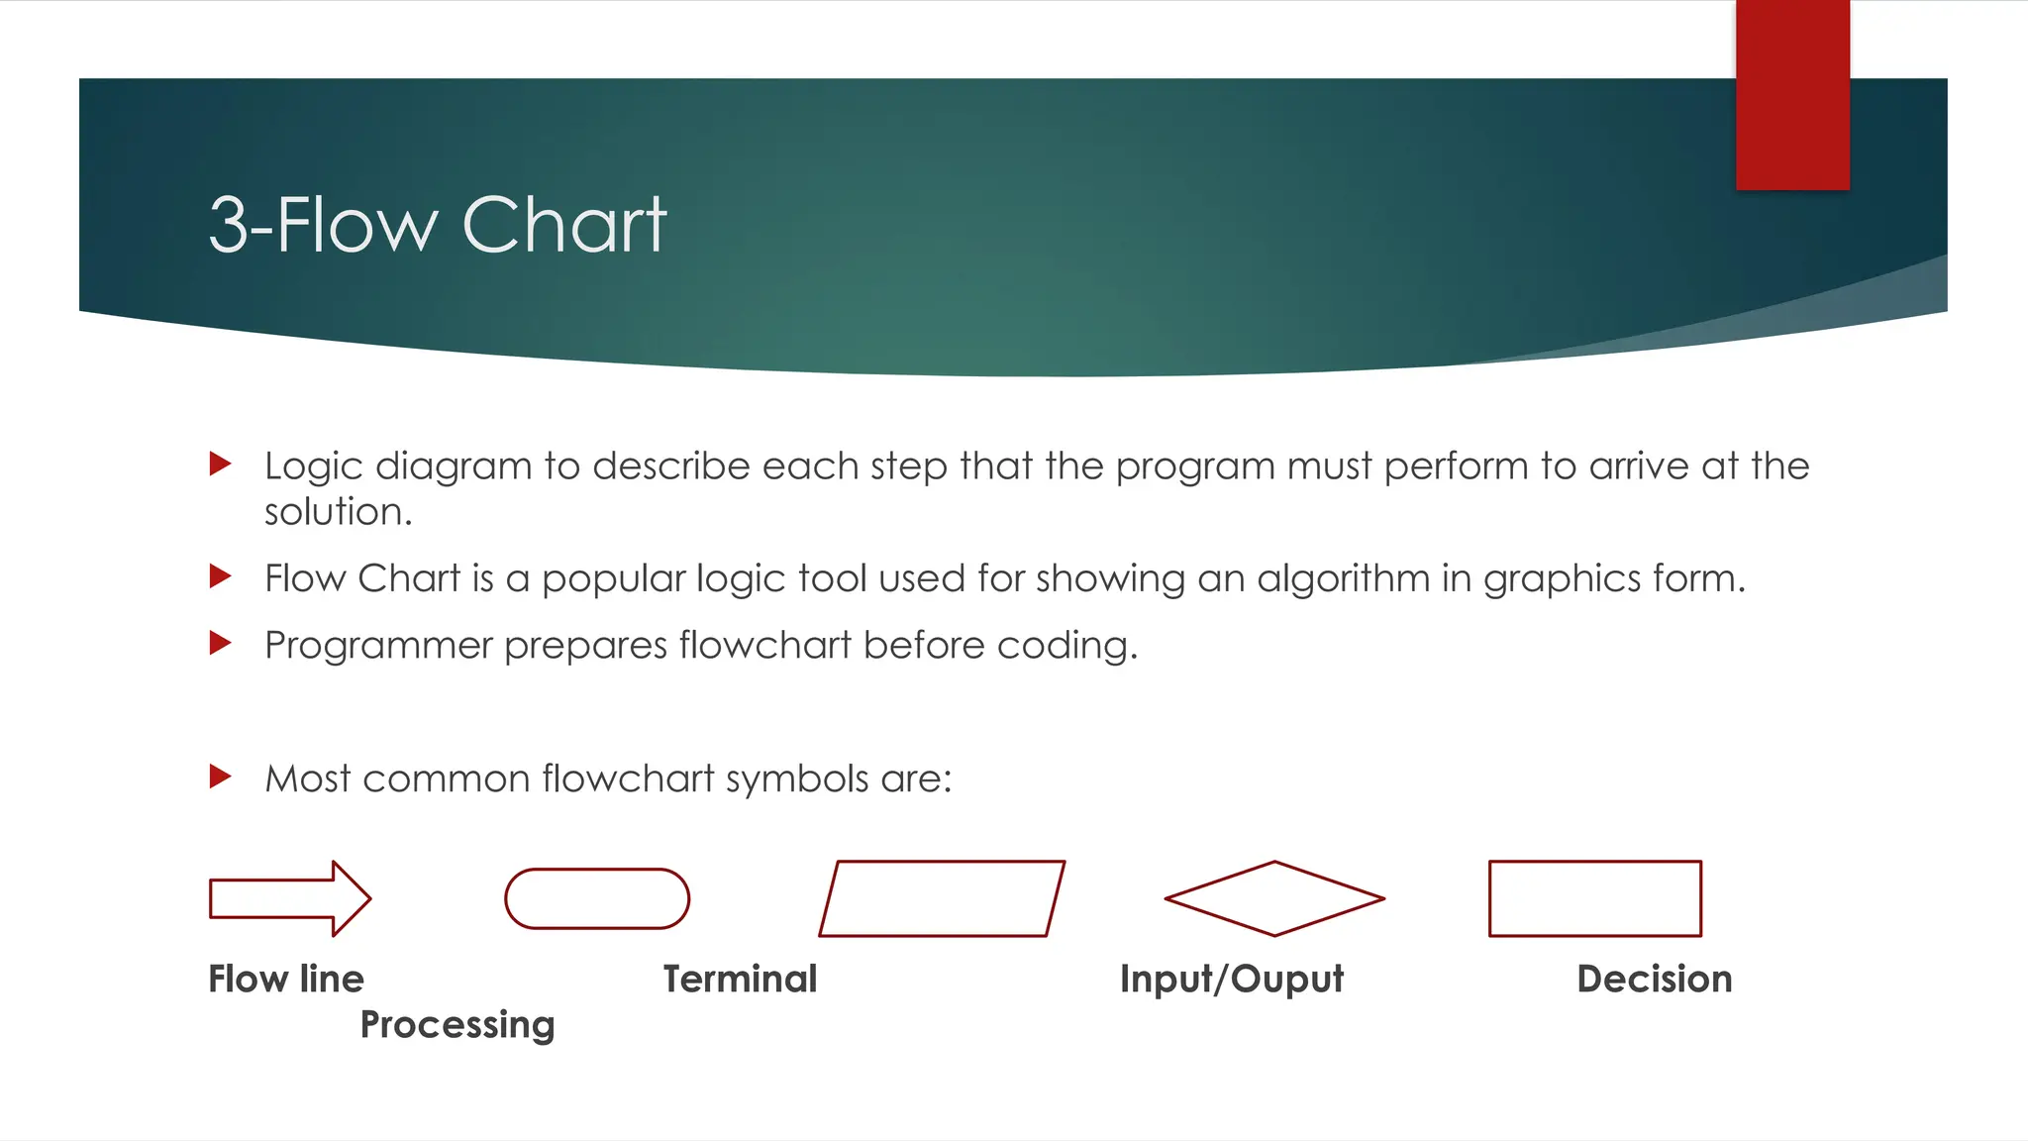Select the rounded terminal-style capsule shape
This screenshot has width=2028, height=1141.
tap(597, 898)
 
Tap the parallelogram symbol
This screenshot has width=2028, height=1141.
tap(942, 898)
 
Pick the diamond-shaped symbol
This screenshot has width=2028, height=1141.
tap(1274, 898)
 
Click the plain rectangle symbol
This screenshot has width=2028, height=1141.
tap(1595, 898)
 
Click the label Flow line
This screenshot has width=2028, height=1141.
tap(286, 979)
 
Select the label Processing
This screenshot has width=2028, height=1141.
tap(457, 1024)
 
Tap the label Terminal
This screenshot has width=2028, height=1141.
tap(740, 979)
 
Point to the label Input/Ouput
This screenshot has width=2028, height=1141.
tap(1232, 979)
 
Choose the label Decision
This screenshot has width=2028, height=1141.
tap(1655, 979)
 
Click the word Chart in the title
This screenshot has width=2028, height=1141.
tap(564, 225)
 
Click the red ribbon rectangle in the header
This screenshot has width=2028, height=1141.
tap(1792, 94)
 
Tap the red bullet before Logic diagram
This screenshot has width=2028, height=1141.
tap(221, 464)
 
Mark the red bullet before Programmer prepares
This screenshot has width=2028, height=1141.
tap(221, 644)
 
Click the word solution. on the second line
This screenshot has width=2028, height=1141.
tap(338, 512)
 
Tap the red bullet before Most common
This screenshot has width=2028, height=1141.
tap(221, 777)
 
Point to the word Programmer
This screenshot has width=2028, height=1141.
tap(378, 646)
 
